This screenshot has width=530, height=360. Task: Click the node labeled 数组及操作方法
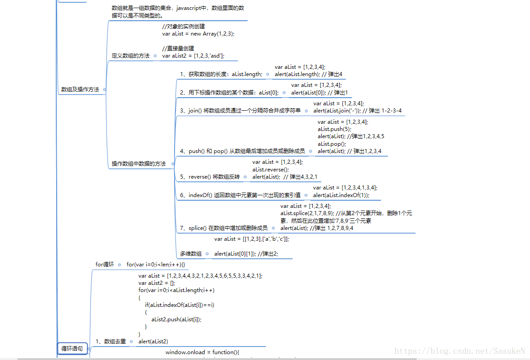point(80,90)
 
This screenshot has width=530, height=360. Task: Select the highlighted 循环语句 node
point(72,348)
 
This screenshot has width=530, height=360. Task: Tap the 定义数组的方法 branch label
point(130,56)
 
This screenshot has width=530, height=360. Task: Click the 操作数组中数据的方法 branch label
point(139,164)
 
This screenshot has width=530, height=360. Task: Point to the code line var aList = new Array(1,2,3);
point(198,34)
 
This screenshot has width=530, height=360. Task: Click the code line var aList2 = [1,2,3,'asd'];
point(193,56)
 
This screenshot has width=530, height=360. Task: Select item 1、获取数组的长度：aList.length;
point(221,74)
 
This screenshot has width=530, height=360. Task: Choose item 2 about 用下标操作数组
point(229,93)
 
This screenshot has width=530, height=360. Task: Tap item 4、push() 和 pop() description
point(242,151)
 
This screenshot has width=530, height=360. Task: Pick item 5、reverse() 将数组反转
point(210,177)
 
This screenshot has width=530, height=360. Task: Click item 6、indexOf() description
point(240,195)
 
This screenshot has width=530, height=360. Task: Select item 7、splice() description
point(224,228)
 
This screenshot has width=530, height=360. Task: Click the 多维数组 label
point(191,254)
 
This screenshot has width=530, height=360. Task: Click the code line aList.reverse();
point(271,170)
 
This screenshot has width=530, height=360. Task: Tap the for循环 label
point(105,265)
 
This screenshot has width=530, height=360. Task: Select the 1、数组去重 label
point(111,342)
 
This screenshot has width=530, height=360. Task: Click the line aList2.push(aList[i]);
point(176,319)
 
